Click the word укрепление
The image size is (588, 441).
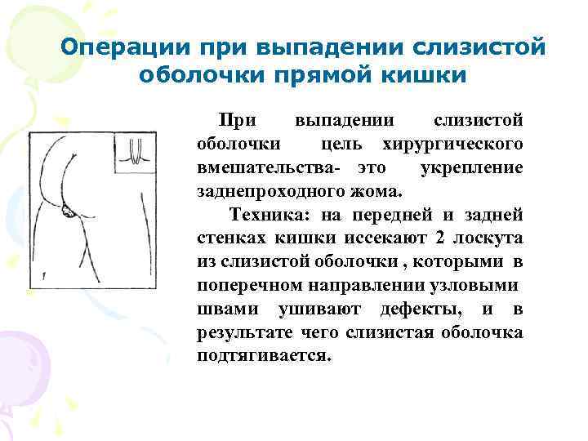click(x=470, y=167)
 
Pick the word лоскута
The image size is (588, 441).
click(x=486, y=238)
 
